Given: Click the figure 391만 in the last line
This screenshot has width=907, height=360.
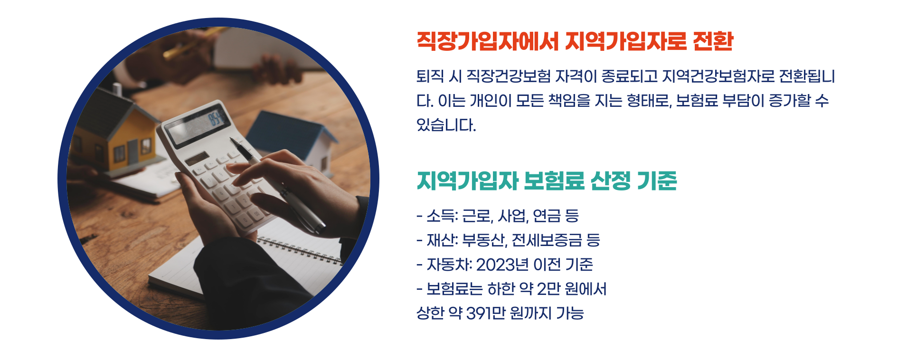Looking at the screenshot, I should click(485, 313).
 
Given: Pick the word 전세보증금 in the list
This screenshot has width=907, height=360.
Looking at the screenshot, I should click(547, 240).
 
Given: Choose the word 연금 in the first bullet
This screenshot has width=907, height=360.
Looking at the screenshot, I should click(547, 216).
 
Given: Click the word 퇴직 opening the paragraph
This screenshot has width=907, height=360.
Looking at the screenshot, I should click(430, 76).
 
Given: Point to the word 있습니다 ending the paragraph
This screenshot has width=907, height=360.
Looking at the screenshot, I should click(445, 125).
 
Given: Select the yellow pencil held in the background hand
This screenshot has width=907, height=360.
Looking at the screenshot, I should click(190, 43).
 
